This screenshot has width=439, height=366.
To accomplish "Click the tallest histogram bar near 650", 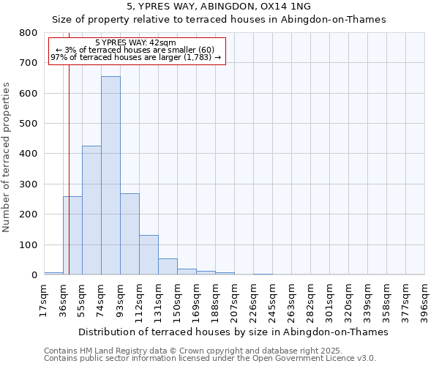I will tap(110, 176).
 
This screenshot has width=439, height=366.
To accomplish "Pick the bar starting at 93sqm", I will tap(130, 234).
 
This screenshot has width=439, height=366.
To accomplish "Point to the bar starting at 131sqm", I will tap(168, 266).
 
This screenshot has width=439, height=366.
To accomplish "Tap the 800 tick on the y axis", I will tap(29, 33).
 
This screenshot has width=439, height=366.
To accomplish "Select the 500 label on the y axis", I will tap(29, 124).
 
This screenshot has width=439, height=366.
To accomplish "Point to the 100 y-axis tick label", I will tap(29, 244).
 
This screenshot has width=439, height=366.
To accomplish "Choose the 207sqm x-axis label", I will tap(234, 300).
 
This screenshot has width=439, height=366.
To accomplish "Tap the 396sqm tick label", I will tap(424, 300).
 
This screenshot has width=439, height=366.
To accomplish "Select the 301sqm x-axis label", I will tap(329, 300).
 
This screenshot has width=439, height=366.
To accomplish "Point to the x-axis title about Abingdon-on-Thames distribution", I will tap(233, 332).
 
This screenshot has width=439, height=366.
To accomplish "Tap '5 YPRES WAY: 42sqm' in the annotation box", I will tap(135, 43).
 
